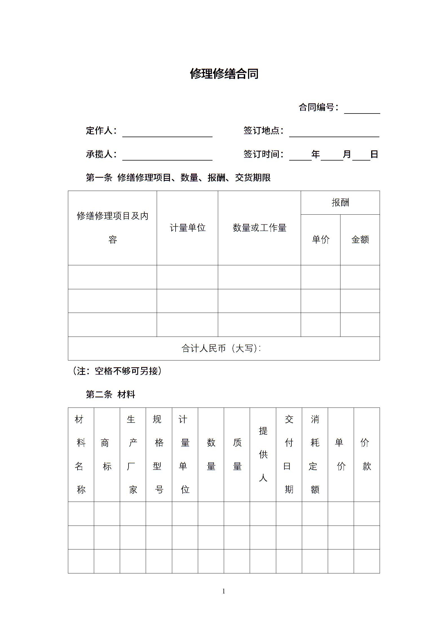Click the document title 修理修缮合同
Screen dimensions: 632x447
tap(224, 74)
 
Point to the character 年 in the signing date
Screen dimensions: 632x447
tap(316, 154)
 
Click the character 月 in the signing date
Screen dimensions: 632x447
tap(347, 154)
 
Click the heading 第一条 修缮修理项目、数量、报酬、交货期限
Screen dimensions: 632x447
tap(178, 178)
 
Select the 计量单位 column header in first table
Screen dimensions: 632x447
tap(187, 228)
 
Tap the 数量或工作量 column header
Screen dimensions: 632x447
tap(259, 228)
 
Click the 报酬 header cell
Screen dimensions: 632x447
tap(340, 202)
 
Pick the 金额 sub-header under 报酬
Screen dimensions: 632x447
tap(360, 239)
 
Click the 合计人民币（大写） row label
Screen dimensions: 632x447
tap(221, 348)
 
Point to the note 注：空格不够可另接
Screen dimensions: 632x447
tap(117, 371)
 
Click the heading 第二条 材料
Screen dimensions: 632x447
tap(110, 395)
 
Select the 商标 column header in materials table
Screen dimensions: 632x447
tap(107, 455)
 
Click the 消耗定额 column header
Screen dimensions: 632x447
tap(315, 454)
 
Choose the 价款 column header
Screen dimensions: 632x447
tap(367, 454)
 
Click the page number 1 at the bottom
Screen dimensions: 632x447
tap(224, 591)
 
